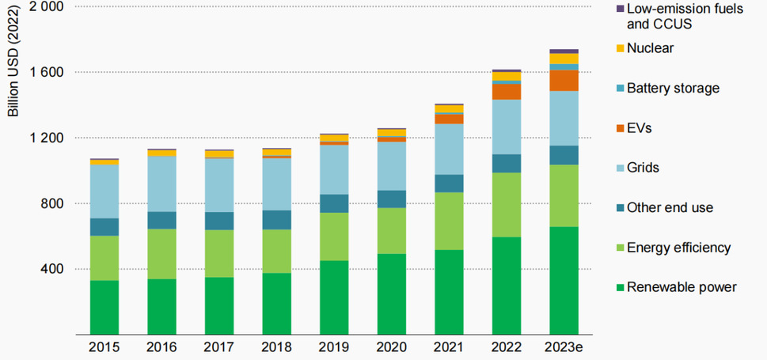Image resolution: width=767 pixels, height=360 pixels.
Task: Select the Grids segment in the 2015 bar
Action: (104, 191)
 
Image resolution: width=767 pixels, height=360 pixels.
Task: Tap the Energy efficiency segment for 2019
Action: (333, 237)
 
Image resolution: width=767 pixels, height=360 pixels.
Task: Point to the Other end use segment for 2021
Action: (448, 184)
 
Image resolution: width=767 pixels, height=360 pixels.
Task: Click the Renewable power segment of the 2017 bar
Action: (218, 305)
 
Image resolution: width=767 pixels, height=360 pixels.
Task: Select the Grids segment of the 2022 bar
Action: (506, 127)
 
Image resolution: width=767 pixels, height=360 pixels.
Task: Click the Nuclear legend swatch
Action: (619, 48)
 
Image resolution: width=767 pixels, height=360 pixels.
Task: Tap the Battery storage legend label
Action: (673, 88)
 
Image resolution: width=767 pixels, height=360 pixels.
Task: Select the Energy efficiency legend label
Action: (678, 248)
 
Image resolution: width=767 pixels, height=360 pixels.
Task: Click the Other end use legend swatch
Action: (619, 207)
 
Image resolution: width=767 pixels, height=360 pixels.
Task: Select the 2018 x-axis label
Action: (275, 347)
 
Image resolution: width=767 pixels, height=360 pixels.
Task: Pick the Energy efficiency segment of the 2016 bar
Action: (161, 253)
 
